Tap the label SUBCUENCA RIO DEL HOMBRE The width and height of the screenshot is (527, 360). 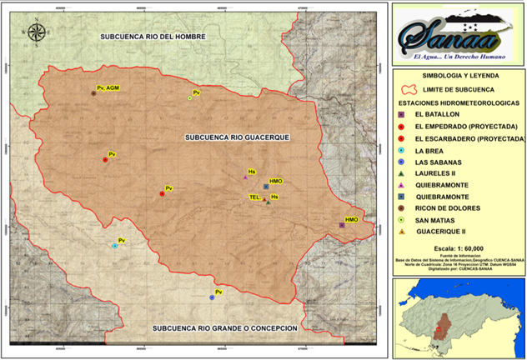[153, 37]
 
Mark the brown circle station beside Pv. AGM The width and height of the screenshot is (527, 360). [93, 94]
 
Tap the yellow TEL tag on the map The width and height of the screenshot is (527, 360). [254, 197]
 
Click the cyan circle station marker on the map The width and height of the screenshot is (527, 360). [115, 246]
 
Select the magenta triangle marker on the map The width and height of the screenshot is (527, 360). [245, 177]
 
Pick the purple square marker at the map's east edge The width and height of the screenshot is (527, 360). [342, 225]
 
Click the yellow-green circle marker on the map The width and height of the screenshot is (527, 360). [190, 97]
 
